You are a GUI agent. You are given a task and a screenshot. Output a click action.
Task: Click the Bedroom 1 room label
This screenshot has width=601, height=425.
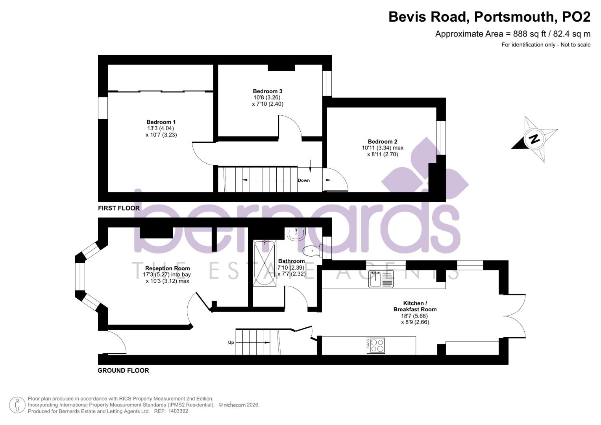point(161,122)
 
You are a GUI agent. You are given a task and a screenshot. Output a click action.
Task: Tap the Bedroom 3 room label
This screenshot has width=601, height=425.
point(267,91)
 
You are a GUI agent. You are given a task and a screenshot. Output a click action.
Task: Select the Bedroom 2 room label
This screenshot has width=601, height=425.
point(382,141)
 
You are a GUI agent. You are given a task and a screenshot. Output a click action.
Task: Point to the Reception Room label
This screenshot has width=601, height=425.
point(167,268)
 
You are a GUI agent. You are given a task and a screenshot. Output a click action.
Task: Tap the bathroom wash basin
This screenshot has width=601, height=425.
point(296,234)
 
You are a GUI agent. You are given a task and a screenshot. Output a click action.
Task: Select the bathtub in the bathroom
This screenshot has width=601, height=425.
point(264,264)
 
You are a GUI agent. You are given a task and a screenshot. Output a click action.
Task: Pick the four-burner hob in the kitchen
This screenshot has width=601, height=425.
point(375,346)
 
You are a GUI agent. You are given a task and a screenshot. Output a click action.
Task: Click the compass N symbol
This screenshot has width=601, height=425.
point(534,139)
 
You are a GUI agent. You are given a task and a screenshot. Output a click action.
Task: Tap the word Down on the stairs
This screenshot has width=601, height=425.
point(304,180)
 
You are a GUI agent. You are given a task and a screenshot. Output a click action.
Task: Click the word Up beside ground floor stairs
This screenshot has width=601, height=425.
point(231,342)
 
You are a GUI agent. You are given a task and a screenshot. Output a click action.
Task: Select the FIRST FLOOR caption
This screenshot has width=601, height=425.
point(119,208)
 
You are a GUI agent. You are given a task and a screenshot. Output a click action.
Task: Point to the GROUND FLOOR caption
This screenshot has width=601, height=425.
point(123,371)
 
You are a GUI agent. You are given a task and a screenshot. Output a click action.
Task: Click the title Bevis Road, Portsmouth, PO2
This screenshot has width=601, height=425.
point(489,17)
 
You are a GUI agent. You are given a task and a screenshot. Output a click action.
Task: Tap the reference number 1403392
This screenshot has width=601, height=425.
point(178,411)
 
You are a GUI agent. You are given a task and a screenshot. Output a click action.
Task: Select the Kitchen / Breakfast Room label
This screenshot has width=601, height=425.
point(415,306)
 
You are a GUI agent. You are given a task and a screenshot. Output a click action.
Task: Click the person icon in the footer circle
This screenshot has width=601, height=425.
point(17,405)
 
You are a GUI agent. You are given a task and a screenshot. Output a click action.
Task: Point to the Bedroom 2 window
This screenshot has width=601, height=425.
point(441,138)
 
